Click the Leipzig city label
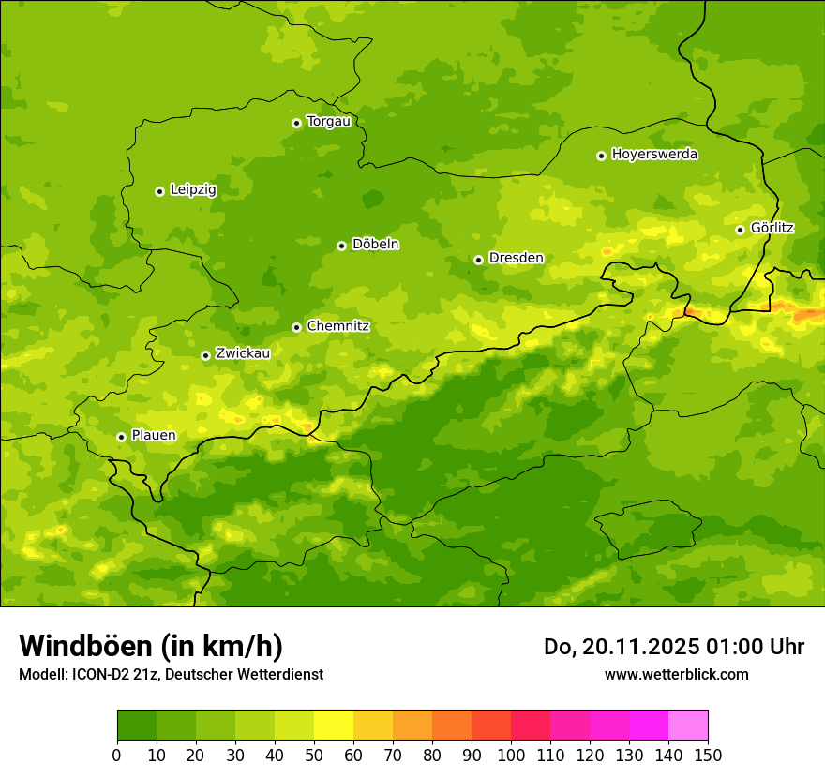click(193, 190)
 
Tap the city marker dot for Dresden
click(478, 260)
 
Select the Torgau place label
click(328, 122)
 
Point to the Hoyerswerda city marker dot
click(601, 156)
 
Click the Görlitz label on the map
click(772, 228)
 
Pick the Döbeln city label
click(375, 245)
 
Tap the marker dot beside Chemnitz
click(296, 327)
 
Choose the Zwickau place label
click(243, 353)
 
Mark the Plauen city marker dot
click(121, 437)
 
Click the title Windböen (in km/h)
click(151, 646)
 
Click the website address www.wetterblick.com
click(676, 674)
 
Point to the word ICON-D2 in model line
click(97, 675)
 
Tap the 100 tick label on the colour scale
click(511, 755)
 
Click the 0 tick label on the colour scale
click(117, 755)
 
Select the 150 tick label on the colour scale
click(708, 755)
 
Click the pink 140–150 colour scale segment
click(688, 725)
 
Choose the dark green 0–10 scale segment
click(137, 725)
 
